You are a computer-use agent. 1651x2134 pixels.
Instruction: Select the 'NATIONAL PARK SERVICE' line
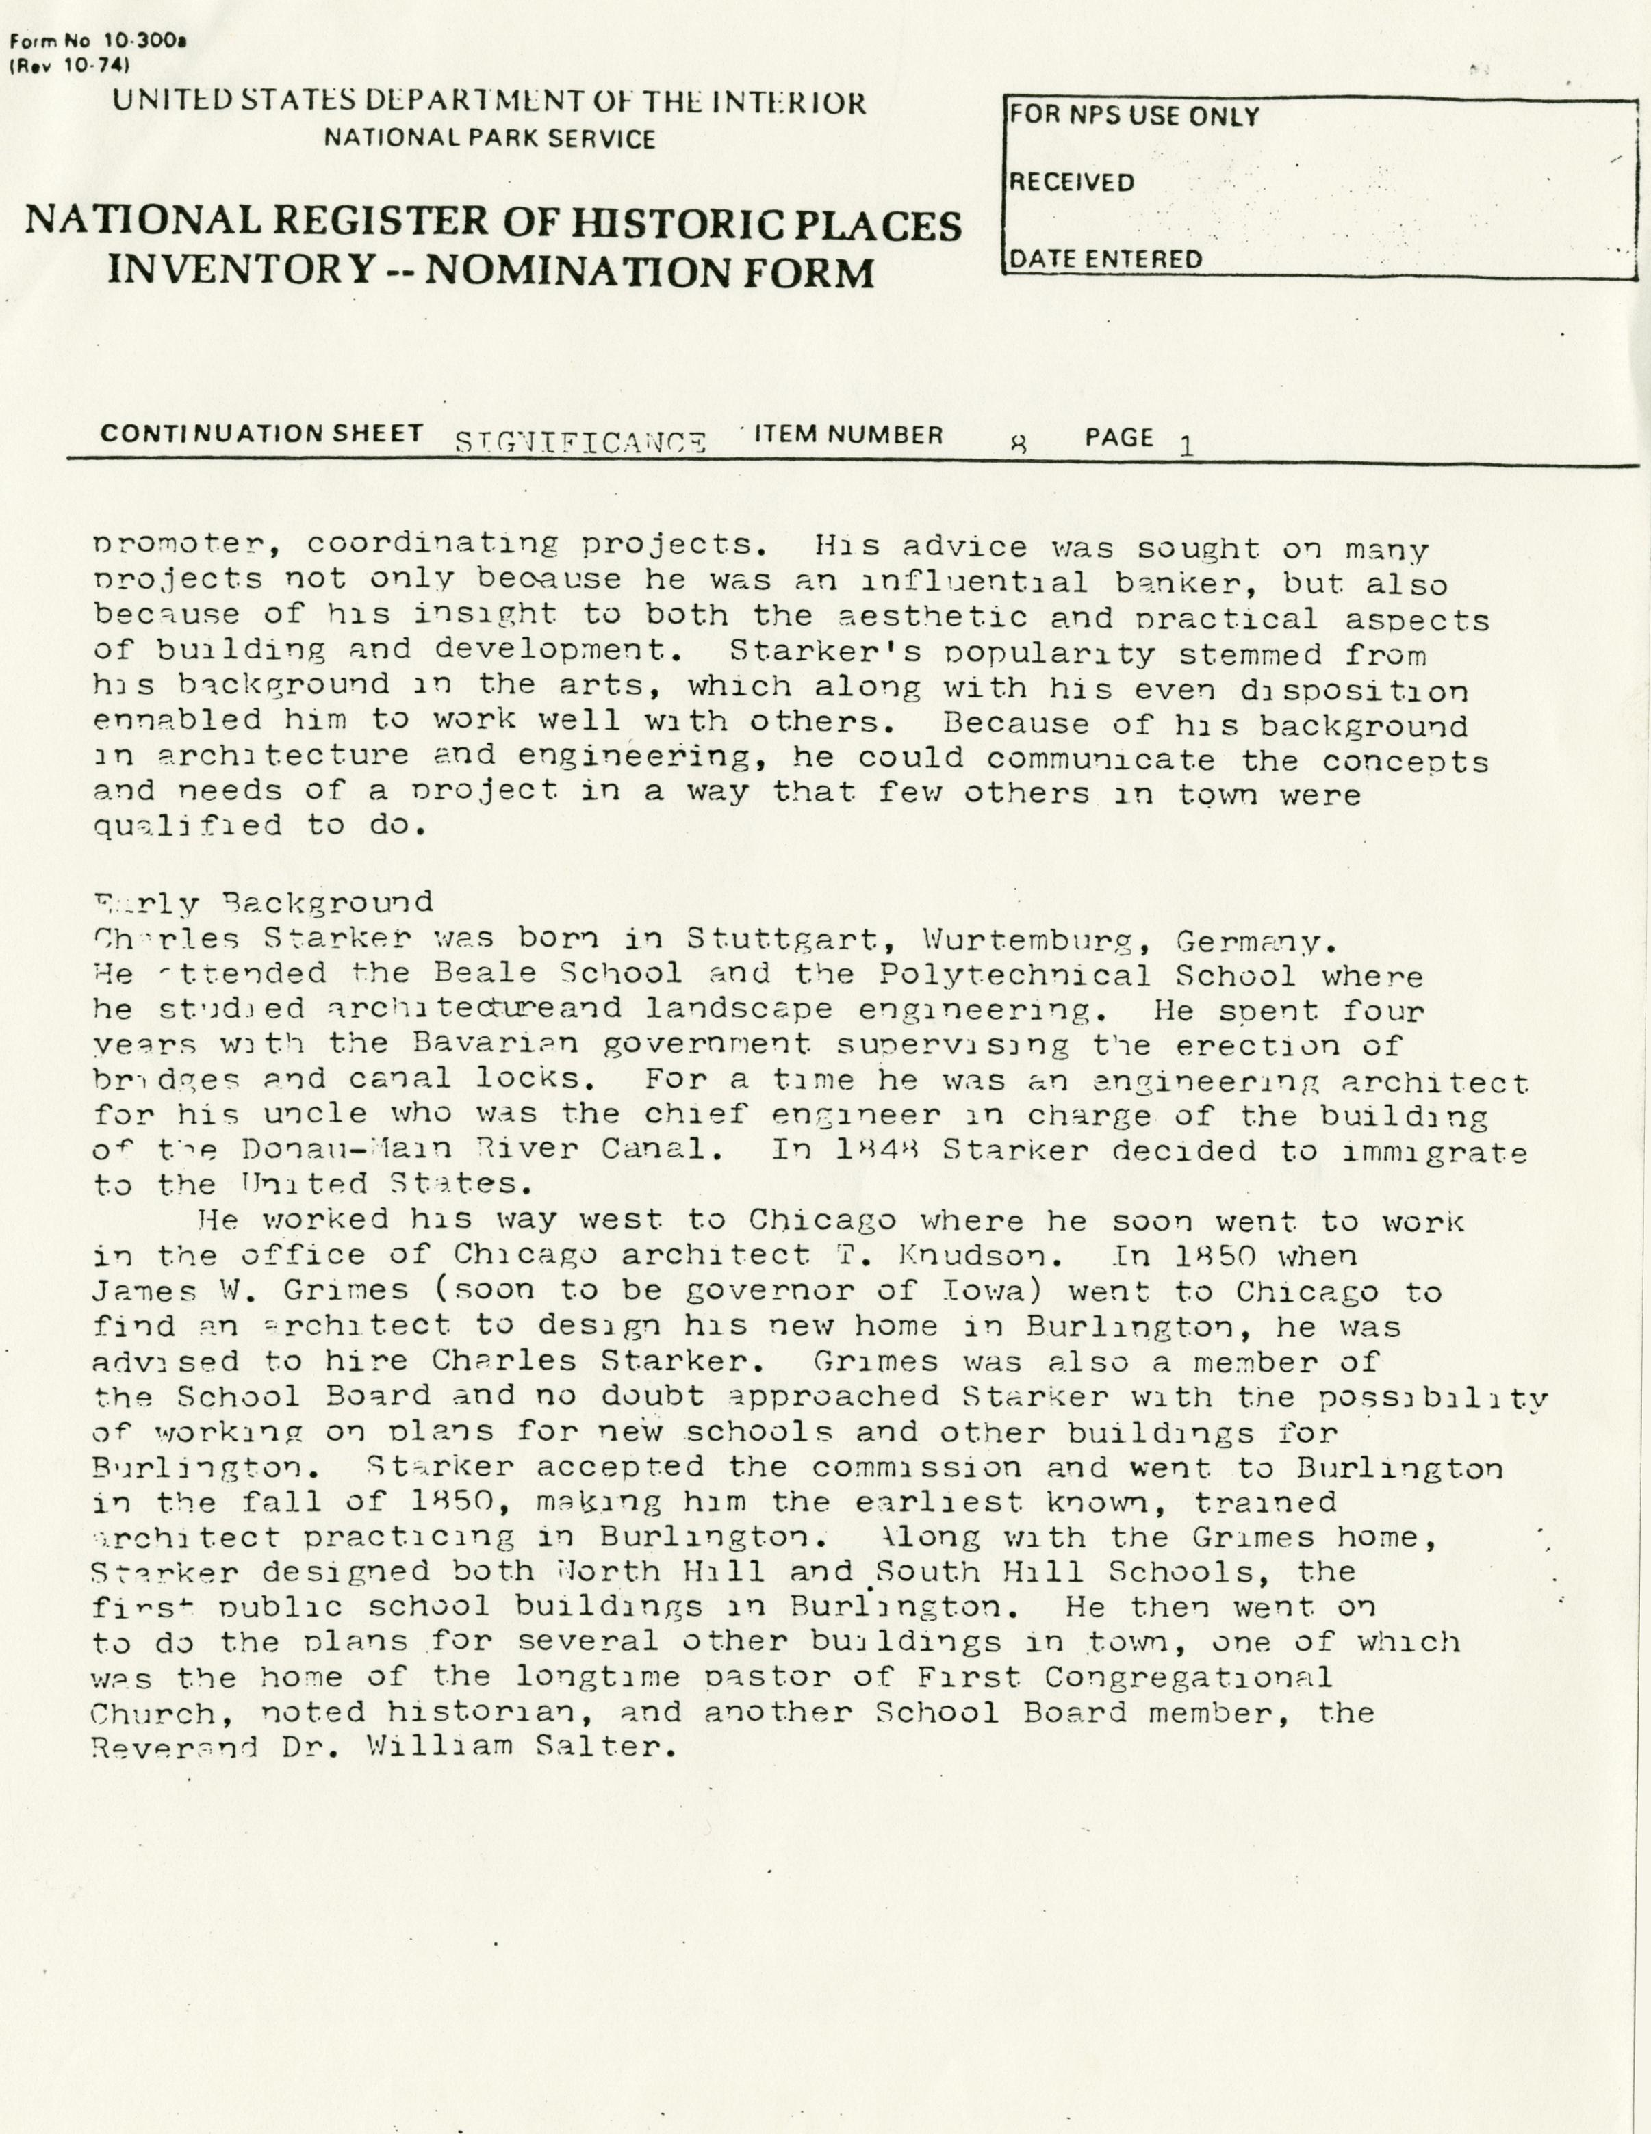[x=489, y=139]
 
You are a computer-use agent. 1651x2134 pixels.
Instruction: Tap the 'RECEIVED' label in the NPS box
[x=1071, y=183]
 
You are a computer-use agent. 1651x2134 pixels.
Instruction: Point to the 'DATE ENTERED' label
[x=1105, y=259]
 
